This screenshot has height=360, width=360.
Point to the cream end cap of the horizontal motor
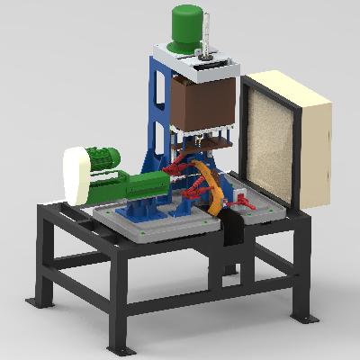tap(76, 176)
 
